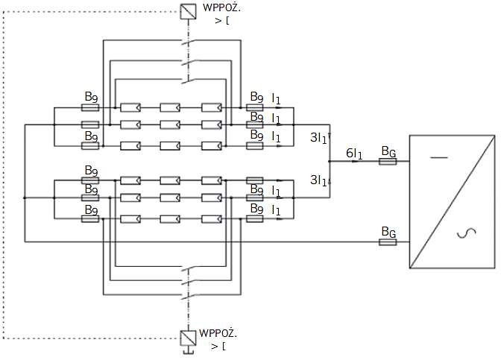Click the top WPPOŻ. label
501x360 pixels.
click(x=221, y=7)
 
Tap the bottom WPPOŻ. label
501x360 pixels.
click(x=218, y=333)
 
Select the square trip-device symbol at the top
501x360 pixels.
click(x=188, y=11)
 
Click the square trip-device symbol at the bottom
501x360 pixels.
click(x=188, y=338)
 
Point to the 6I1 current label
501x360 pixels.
click(x=354, y=154)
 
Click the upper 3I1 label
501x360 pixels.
click(x=318, y=138)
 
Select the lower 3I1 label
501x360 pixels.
click(x=318, y=180)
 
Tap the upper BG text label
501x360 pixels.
click(x=388, y=151)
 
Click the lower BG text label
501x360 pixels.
click(x=388, y=232)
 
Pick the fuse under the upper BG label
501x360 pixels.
click(x=388, y=161)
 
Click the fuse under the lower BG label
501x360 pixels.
click(x=388, y=242)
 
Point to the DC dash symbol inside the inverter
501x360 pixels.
click(x=439, y=157)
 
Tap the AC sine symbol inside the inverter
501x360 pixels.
click(x=467, y=233)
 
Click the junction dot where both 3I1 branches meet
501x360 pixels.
click(x=330, y=161)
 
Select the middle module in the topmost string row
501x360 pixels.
click(x=170, y=107)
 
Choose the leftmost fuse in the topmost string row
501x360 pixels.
click(x=90, y=107)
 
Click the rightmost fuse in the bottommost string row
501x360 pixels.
click(x=255, y=219)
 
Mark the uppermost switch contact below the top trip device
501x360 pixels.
click(x=188, y=42)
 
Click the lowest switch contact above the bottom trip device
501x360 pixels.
click(x=188, y=296)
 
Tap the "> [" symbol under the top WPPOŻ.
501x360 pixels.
click(x=221, y=21)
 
